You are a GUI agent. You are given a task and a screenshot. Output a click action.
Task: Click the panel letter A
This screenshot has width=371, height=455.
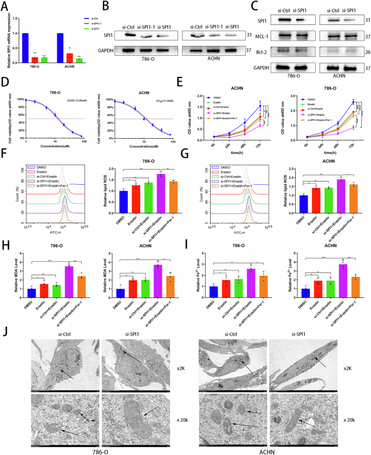pyautogui.click(x=5, y=6)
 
